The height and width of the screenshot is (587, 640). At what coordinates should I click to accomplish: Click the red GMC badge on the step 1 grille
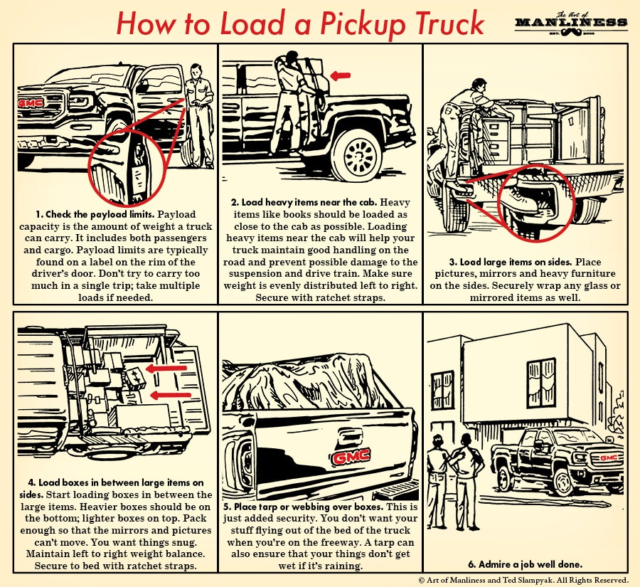pyautogui.click(x=31, y=102)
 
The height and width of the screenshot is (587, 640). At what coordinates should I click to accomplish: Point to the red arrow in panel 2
pyautogui.click(x=342, y=73)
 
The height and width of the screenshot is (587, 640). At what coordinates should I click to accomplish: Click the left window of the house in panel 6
pyautogui.click(x=441, y=389)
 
